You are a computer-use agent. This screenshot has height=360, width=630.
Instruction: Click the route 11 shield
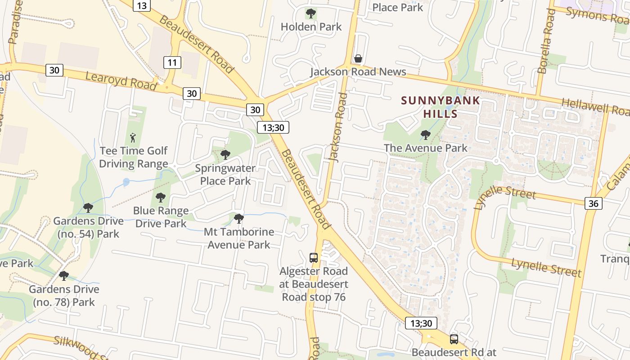(x=172, y=62)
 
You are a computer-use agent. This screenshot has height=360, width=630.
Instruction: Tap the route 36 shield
(x=594, y=203)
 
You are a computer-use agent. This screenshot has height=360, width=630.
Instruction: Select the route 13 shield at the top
(x=142, y=5)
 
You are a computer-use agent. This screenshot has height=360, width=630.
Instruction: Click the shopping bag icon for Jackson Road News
(x=358, y=58)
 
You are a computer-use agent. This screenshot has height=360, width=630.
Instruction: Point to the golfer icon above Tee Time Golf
(x=133, y=137)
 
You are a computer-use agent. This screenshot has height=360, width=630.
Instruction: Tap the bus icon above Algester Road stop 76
(x=314, y=258)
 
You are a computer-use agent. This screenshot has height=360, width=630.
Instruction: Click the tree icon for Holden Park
(x=311, y=13)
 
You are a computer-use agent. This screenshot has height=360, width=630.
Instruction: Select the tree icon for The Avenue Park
(x=425, y=135)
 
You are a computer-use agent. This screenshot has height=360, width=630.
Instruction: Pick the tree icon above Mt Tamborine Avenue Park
(x=239, y=219)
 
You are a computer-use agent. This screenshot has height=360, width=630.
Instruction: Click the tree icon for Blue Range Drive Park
(x=161, y=197)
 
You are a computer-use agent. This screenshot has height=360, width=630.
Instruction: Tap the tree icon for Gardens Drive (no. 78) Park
(x=64, y=275)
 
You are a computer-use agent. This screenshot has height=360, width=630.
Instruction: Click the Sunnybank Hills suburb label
(x=441, y=107)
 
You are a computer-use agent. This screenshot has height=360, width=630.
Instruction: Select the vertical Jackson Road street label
(x=338, y=127)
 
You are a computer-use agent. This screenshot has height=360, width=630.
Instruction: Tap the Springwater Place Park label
(x=225, y=175)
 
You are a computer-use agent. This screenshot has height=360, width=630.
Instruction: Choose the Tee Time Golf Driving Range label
(x=134, y=157)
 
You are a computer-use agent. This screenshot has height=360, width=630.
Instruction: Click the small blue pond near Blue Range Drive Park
(x=126, y=182)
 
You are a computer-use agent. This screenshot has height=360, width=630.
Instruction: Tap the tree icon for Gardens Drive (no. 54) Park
(x=88, y=207)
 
